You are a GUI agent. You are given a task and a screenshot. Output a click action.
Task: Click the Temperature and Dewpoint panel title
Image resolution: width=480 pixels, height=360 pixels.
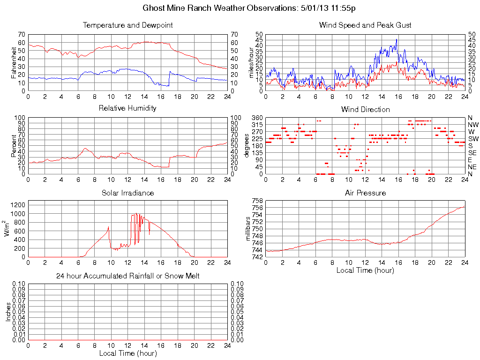coord(127,25)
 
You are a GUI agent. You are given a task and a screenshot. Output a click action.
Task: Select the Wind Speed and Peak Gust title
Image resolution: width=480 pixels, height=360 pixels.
coord(365,25)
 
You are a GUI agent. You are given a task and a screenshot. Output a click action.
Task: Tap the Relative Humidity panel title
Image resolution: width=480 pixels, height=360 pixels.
coord(127,108)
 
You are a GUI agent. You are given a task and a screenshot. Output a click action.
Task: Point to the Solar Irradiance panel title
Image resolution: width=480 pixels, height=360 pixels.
coord(127,193)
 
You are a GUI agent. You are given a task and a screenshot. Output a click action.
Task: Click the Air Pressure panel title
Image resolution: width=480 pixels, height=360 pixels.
coord(365,193)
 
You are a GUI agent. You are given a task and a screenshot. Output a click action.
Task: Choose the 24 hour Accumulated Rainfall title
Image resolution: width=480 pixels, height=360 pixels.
coord(127,276)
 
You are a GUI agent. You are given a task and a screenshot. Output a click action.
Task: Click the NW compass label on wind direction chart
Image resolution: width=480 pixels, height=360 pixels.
coord(472,125)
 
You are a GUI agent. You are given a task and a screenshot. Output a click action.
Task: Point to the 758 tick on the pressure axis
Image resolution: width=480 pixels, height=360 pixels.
coord(257,201)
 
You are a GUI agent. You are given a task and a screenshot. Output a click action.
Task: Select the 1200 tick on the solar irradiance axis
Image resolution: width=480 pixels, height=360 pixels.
coord(18,205)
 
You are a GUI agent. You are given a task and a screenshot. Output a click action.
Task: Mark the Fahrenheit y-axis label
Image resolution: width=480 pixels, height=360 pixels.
coord(14,62)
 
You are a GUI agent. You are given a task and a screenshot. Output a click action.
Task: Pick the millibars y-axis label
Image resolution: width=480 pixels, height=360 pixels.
coord(249,229)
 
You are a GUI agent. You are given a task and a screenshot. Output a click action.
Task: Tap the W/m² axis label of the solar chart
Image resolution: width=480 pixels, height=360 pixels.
coord(8,228)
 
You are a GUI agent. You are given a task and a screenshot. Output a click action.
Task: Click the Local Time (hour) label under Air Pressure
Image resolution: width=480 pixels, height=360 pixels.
coord(365,270)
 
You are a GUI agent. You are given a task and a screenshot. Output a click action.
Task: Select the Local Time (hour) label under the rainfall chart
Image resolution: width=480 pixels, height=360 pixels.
coord(127,353)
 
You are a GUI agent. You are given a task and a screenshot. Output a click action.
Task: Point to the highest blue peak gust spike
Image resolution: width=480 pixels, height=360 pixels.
coord(397,40)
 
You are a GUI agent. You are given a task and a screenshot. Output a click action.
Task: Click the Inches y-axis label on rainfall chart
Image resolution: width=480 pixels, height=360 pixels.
coord(8,312)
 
